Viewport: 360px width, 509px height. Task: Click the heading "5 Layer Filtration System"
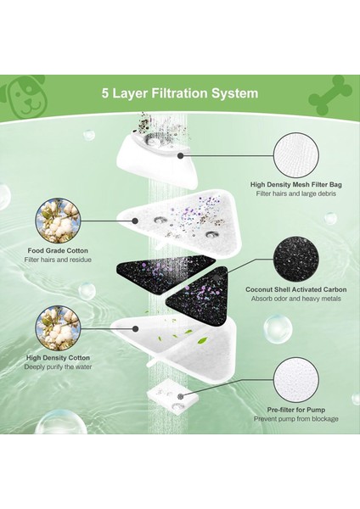180,93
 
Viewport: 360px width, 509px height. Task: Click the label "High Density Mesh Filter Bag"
296,184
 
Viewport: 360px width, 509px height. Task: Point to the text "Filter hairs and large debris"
296,193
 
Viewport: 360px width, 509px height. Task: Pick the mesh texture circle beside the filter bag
296,155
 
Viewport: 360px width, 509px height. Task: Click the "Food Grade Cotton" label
58,250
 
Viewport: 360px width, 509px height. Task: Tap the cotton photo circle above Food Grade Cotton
58,221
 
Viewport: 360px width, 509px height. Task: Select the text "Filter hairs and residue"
58,260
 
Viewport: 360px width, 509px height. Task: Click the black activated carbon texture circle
296,259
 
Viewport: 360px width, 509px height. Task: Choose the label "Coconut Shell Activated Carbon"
296,289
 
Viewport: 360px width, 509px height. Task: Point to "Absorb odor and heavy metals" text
296,299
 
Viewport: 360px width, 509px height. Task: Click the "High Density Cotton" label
58,358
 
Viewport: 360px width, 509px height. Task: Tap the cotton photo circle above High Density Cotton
58,328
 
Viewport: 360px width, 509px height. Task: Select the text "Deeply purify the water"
58,366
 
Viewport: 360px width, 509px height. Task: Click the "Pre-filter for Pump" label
296,410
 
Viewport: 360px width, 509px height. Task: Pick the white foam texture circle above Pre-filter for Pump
296,380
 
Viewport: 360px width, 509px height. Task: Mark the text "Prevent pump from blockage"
296,419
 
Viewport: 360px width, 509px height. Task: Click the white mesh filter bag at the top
157,162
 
